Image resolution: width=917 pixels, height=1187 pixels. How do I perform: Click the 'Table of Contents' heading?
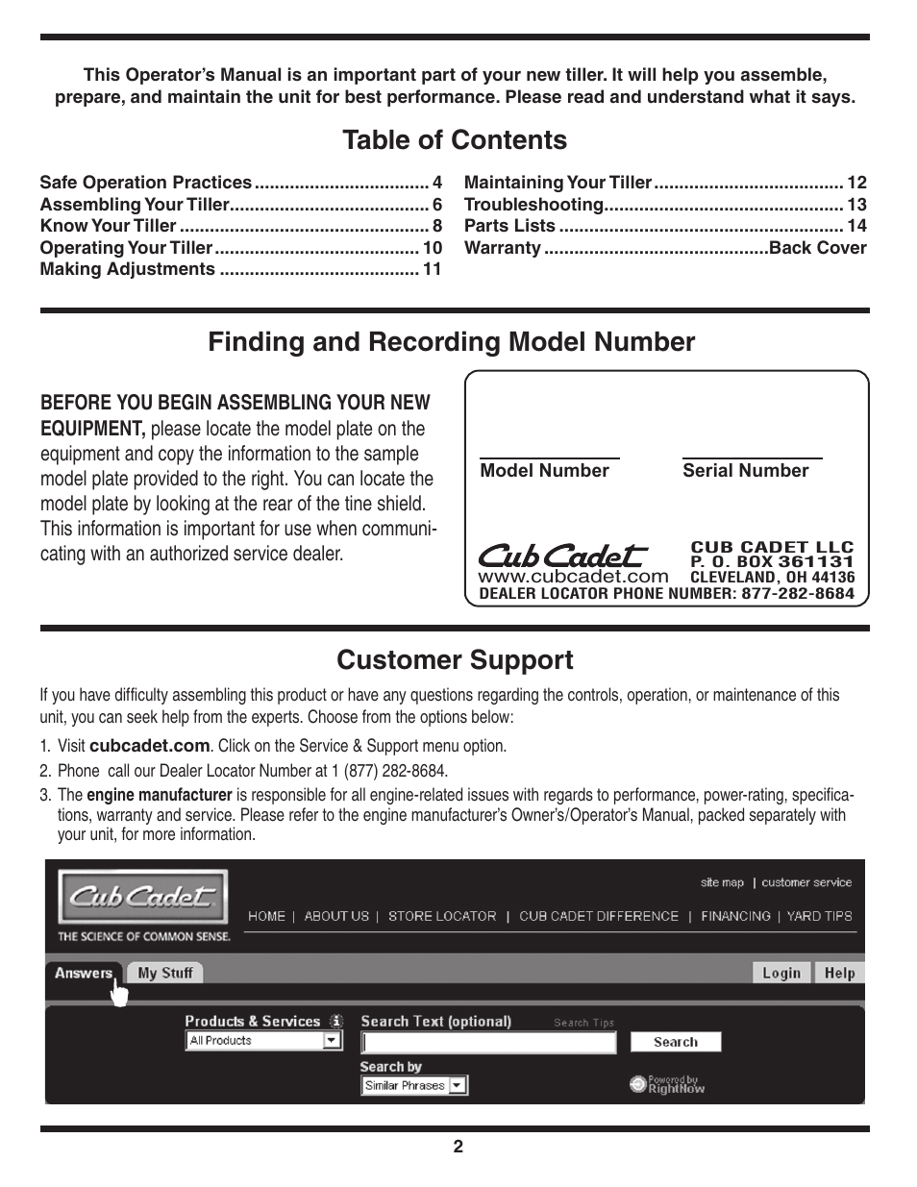(455, 140)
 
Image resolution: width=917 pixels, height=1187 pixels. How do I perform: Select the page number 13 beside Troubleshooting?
(856, 205)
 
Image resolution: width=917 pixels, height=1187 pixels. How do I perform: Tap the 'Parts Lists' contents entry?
(509, 226)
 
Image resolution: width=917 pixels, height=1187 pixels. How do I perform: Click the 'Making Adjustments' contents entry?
(127, 269)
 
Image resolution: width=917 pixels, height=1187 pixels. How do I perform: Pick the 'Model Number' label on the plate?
(544, 471)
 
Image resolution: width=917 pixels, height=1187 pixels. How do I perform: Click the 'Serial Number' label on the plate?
(745, 471)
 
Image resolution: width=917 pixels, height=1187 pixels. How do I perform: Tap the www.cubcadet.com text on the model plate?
(573, 576)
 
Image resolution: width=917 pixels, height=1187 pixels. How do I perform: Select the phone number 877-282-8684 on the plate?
(797, 594)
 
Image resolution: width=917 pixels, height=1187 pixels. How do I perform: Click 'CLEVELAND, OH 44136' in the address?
(772, 578)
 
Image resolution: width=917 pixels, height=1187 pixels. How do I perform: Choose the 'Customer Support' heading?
(455, 660)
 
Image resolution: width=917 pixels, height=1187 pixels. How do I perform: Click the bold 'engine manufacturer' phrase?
(159, 796)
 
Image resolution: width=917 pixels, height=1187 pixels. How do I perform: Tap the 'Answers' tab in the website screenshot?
(84, 973)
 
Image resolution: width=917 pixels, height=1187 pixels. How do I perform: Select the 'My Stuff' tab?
(165, 973)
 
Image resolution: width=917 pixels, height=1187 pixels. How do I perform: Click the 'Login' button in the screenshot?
(781, 973)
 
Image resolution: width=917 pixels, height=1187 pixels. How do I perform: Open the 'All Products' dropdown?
(263, 1041)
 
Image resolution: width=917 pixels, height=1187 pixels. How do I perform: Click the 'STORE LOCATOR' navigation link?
(442, 917)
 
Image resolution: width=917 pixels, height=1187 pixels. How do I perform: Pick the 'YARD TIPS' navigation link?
(819, 917)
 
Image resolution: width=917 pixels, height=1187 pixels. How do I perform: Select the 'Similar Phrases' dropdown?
(414, 1086)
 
